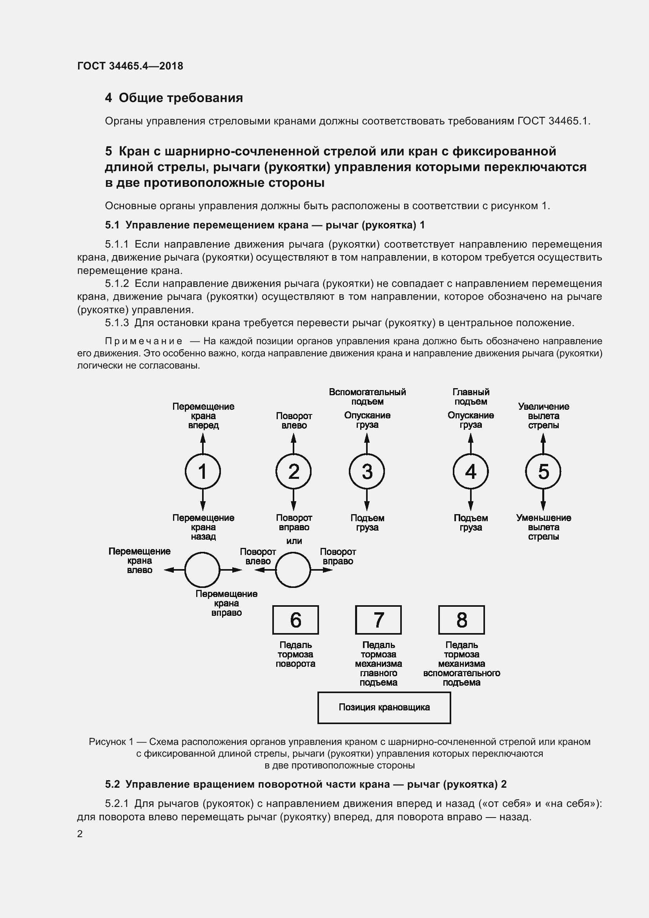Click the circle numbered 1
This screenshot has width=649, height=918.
[202, 471]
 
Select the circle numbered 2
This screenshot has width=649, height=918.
[294, 471]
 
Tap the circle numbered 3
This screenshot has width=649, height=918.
[367, 471]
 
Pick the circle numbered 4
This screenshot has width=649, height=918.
[470, 471]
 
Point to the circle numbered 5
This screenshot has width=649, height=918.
[543, 471]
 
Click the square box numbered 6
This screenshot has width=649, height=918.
[295, 620]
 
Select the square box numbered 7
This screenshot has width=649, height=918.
[378, 620]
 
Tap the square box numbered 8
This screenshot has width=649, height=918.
[461, 620]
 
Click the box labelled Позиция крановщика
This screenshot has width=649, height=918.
[384, 707]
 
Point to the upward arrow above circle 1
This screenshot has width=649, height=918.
[202, 443]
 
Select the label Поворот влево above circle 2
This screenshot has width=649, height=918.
[294, 421]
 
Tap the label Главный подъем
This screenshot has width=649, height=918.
[471, 397]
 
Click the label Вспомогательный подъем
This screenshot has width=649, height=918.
[367, 397]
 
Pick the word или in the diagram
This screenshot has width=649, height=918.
[294, 541]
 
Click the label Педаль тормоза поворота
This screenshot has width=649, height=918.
[295, 654]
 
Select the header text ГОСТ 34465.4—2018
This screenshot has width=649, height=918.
[130, 66]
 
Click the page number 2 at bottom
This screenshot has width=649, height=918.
[80, 834]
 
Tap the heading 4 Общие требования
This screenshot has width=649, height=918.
[174, 98]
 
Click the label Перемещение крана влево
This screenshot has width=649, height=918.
[139, 560]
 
